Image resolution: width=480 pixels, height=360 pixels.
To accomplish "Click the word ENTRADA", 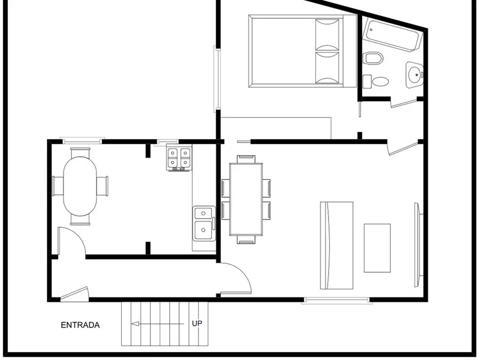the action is click(x=80, y=325).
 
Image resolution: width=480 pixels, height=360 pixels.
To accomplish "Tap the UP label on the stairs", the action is click(x=197, y=323).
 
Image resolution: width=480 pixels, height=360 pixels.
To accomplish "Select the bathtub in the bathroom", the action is click(x=392, y=35).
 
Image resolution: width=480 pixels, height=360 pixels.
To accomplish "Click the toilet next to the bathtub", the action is click(x=373, y=58).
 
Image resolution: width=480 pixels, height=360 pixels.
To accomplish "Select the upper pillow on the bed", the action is click(x=327, y=35).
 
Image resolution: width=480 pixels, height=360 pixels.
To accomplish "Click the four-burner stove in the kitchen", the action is click(x=179, y=158).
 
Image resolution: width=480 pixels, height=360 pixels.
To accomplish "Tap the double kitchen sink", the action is click(x=204, y=223).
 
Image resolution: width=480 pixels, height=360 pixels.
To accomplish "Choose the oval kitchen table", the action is click(x=80, y=186).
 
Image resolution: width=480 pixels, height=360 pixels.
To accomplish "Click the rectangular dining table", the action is click(x=246, y=199).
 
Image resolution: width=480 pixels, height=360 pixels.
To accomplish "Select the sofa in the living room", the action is click(x=337, y=245).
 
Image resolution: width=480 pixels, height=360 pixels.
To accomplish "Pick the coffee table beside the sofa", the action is click(x=377, y=248).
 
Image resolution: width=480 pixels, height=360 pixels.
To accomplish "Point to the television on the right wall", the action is click(x=418, y=245).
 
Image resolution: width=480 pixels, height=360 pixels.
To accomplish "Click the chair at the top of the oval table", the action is click(x=80, y=152).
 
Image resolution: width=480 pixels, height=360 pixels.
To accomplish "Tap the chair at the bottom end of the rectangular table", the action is click(x=246, y=240).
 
